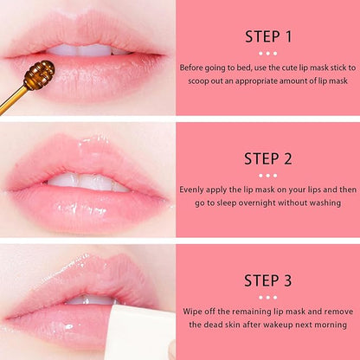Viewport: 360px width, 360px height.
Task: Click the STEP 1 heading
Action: tap(268, 37)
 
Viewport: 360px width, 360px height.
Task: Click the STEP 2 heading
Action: tap(268, 158)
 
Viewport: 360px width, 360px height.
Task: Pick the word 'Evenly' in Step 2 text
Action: tap(195, 188)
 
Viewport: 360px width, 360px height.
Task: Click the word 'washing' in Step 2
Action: tap(333, 202)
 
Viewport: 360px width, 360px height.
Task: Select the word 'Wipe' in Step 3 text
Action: tap(194, 309)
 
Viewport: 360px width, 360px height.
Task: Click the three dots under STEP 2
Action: tap(268, 173)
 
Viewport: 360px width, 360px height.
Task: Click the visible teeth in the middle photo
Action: tap(87, 183)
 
